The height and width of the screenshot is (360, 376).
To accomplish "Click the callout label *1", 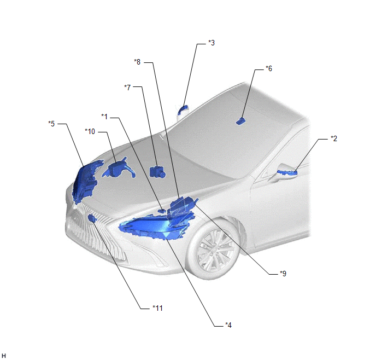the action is (x=104, y=117).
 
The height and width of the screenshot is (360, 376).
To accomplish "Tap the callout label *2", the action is (x=334, y=138).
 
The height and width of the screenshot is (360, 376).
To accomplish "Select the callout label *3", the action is (x=211, y=43).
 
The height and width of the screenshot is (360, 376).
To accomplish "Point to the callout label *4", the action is (x=228, y=325).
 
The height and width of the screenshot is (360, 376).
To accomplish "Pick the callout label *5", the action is (x=51, y=124).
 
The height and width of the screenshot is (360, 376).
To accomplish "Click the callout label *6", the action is (x=269, y=68).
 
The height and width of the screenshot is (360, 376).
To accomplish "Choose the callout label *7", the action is (x=127, y=88).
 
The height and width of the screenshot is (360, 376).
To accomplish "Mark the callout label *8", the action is (x=137, y=62).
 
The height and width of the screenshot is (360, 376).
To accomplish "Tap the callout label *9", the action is (x=283, y=274).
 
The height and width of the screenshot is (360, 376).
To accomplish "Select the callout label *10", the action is (x=90, y=131).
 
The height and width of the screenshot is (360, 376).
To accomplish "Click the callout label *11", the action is (x=157, y=308).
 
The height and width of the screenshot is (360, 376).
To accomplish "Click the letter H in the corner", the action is (x=4, y=356).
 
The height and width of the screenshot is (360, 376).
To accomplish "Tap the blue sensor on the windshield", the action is (x=240, y=121).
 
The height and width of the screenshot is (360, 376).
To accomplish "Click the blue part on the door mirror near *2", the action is (x=287, y=172).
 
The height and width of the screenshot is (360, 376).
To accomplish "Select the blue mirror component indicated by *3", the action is (x=183, y=109).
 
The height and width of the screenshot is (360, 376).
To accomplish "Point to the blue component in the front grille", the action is (x=92, y=218).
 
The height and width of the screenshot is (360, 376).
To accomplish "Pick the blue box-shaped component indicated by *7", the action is (x=157, y=172).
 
